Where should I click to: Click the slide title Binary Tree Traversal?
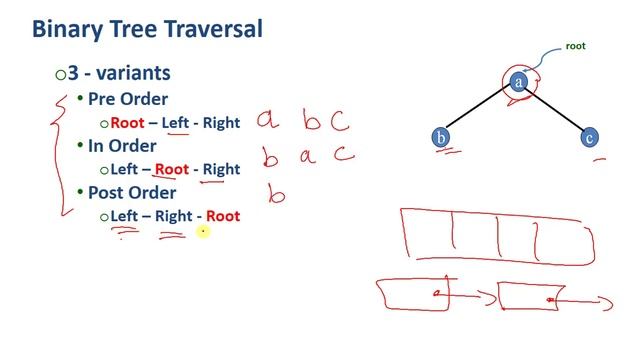point(147,28)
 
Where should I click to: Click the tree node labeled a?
point(518,83)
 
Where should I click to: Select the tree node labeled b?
point(441,138)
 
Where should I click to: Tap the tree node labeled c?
point(590,138)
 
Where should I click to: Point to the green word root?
point(576,46)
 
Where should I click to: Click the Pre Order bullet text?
point(128,99)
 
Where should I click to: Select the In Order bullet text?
point(122,145)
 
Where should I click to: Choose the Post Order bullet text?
point(132,192)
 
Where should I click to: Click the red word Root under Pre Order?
point(127,123)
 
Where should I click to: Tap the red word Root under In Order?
point(171,169)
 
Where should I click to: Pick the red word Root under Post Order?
point(223,215)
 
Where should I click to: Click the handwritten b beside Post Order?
point(275,192)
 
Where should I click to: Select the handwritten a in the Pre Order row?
point(266,121)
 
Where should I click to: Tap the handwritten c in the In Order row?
point(344,155)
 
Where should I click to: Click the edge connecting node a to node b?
point(479,110)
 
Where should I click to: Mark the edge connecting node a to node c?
point(555,110)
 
